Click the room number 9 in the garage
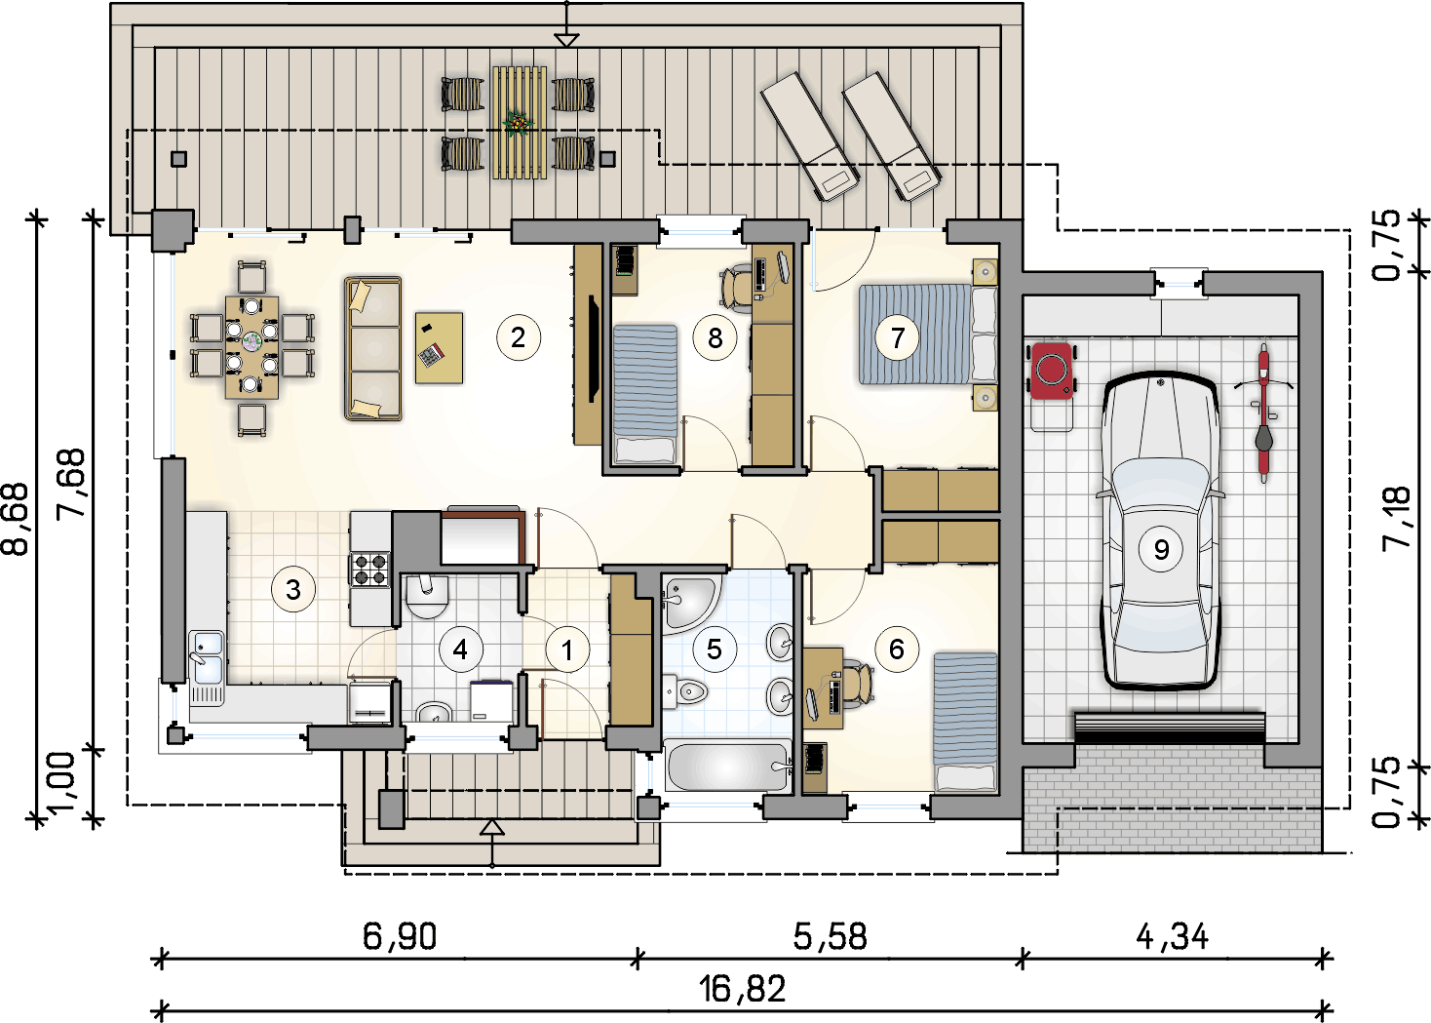[1161, 549]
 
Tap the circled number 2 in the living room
[518, 337]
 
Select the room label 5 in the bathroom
[715, 649]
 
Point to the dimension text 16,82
[742, 989]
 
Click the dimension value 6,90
[400, 937]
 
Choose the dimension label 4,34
[1173, 937]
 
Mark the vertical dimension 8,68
[16, 518]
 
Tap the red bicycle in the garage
[1263, 413]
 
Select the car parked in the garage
[1160, 531]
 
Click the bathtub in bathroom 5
[727, 766]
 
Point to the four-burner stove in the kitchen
[369, 569]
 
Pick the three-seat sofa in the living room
[373, 348]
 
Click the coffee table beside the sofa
[439, 347]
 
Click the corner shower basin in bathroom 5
[691, 604]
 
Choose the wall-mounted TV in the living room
[594, 349]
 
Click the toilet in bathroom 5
[685, 691]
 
